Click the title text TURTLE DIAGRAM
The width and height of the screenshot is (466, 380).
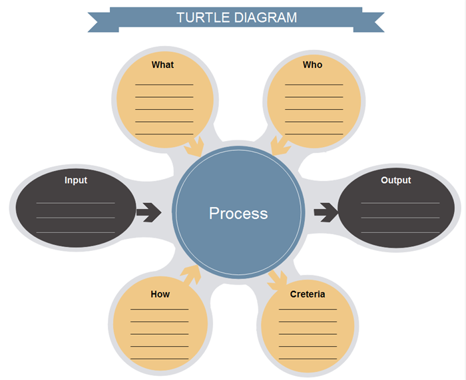236,17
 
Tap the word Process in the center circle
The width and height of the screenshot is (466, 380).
238,213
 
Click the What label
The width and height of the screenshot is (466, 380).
162,65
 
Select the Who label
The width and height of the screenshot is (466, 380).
312,65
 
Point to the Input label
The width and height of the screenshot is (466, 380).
76,180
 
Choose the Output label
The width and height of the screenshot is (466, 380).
395,180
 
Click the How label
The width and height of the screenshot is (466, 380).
160,293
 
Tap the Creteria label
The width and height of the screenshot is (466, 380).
308,293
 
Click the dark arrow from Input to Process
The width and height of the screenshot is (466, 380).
148,213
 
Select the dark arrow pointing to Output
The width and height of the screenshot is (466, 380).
326,213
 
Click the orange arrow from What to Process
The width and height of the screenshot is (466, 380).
195,145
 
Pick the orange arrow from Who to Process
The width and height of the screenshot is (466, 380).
280,145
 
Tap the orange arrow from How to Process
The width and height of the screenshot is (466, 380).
190,274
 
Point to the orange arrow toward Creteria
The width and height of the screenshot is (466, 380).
278,280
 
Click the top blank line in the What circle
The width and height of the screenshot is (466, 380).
164,85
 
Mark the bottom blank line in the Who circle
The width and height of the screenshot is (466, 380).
314,134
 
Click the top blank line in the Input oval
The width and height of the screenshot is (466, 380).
75,202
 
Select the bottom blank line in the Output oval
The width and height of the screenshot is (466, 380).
399,232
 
